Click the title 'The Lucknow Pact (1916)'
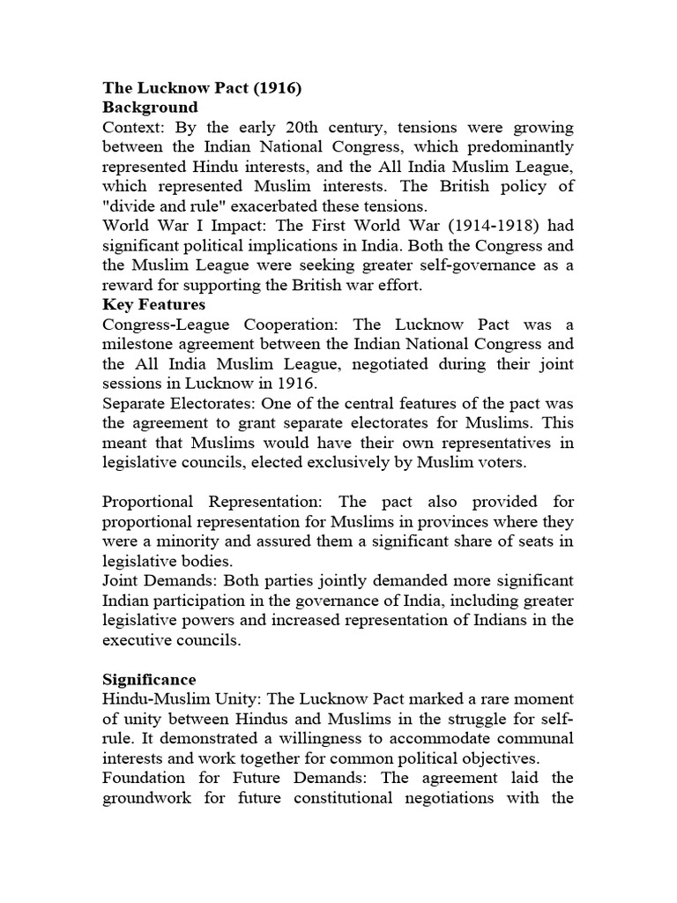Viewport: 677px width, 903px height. pos(202,88)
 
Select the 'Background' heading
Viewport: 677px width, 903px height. pos(150,108)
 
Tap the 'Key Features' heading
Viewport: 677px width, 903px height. pos(153,304)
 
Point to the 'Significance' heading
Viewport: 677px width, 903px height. pos(149,680)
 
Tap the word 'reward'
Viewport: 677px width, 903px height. pos(127,285)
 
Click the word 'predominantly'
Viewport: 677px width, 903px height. pos(521,146)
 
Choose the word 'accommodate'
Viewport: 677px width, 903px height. pos(454,738)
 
